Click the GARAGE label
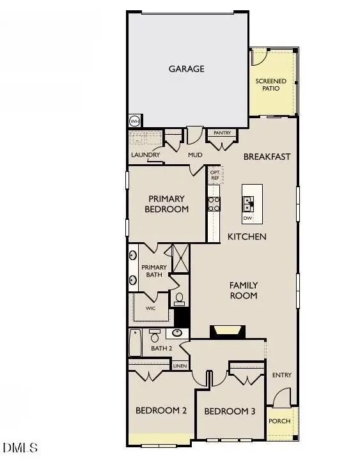pos(187,68)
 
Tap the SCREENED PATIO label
pos(271,84)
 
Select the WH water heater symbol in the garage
pos(134,121)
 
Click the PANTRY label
pos(222,133)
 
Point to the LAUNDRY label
pos(145,155)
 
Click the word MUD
pos(195,155)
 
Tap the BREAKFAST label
pos(267,157)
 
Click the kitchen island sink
pos(247,204)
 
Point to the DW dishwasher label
pos(247,219)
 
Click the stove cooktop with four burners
pos(214,203)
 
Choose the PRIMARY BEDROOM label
pos(168,204)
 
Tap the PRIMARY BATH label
pos(154,271)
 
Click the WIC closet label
pos(150,308)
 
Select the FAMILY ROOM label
pos(244,290)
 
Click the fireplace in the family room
pos(227,330)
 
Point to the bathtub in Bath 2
pos(135,343)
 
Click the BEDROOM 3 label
pos(230,411)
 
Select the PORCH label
pos(279,421)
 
